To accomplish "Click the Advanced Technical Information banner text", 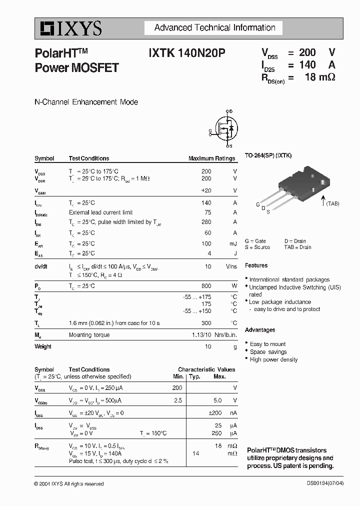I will (x=214, y=28).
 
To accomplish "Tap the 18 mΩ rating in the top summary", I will (x=319, y=77).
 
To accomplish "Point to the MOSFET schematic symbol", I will (x=224, y=129).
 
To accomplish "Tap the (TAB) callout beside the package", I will (x=332, y=203).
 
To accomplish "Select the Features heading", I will (x=256, y=265).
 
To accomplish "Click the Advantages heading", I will (x=260, y=330).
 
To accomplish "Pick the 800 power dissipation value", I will (x=206, y=286).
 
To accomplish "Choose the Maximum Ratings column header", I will (x=211, y=158).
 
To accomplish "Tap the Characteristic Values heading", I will (x=206, y=369).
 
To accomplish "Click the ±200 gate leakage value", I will (x=215, y=413).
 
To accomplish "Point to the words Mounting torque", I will (x=89, y=335).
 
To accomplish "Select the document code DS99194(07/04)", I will (x=325, y=483).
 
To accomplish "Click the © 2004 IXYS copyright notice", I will (x=69, y=483).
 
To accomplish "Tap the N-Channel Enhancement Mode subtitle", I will (x=86, y=102).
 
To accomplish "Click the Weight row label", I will (x=43, y=346).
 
